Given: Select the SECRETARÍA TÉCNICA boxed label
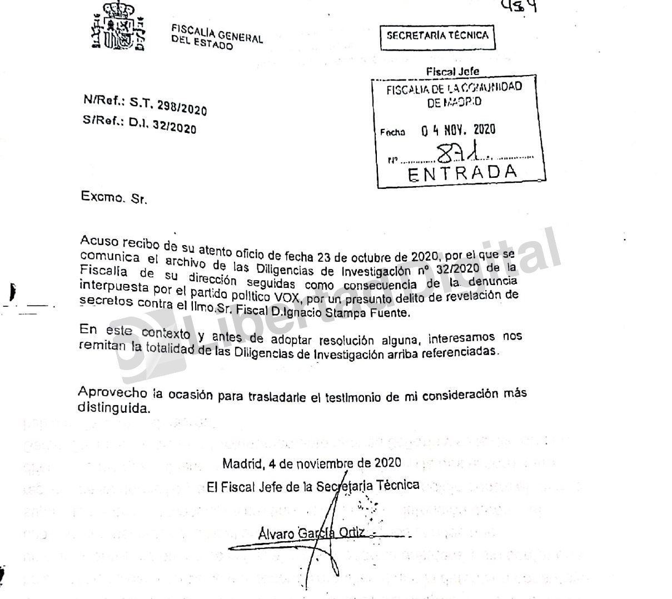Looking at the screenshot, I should coord(437,36).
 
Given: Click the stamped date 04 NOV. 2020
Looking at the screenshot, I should coord(458,130).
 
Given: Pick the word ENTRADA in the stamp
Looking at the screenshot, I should coord(462,173).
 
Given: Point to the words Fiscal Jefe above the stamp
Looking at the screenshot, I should coord(452,71).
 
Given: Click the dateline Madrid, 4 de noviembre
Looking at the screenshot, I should coord(311,463).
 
